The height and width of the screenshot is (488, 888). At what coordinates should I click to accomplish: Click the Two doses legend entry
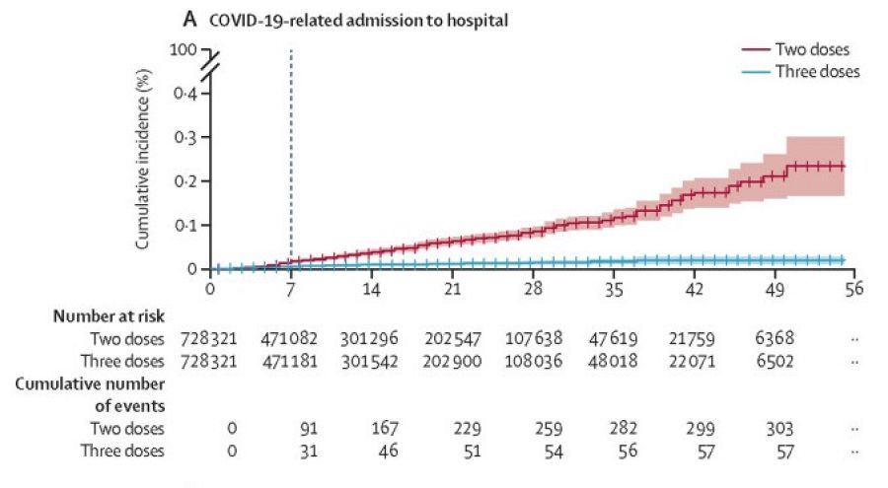point(809,49)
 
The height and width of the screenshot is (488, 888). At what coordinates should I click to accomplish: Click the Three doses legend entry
point(815,71)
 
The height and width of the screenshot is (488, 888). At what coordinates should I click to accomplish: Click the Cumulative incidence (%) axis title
point(143,165)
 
